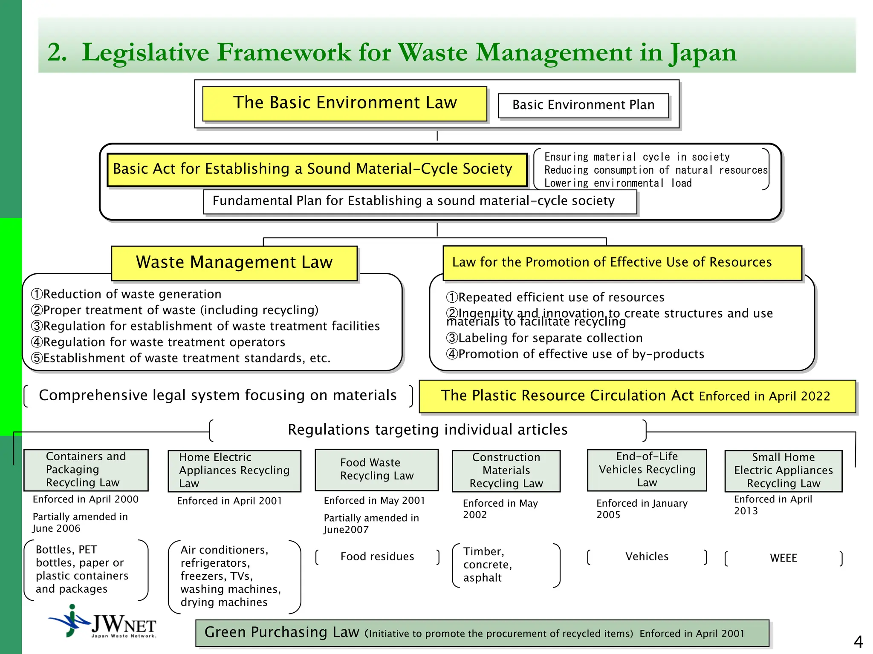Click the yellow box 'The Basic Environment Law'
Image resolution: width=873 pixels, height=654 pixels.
pos(344,103)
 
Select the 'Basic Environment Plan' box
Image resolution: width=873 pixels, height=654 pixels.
pos(583,105)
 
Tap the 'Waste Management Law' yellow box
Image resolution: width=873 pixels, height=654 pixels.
pos(234,263)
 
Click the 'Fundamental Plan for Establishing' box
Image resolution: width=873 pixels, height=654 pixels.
pos(420,201)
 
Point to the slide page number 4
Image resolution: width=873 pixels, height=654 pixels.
pos(858,641)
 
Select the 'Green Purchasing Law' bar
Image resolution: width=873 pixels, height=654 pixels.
pos(482,633)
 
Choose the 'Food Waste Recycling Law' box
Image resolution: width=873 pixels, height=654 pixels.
pos(377,470)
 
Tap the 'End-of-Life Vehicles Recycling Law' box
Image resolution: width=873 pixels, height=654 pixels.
pos(647,470)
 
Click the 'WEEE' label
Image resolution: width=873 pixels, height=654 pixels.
pos(783,558)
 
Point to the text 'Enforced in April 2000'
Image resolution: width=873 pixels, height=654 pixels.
pos(86,499)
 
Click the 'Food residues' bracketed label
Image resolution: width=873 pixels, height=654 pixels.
pos(377,557)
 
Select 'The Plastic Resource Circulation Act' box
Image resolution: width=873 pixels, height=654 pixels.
pos(637,396)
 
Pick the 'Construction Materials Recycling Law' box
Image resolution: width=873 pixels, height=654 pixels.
pos(506,470)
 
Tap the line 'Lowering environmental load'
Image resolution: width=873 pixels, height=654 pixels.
pos(618,184)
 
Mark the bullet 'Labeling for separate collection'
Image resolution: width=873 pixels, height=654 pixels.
pos(544,338)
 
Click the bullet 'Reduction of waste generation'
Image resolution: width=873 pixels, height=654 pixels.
pos(126,294)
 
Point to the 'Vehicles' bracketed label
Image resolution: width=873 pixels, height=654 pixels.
pos(647,557)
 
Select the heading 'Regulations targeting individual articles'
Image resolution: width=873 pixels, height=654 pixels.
pos(428,430)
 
